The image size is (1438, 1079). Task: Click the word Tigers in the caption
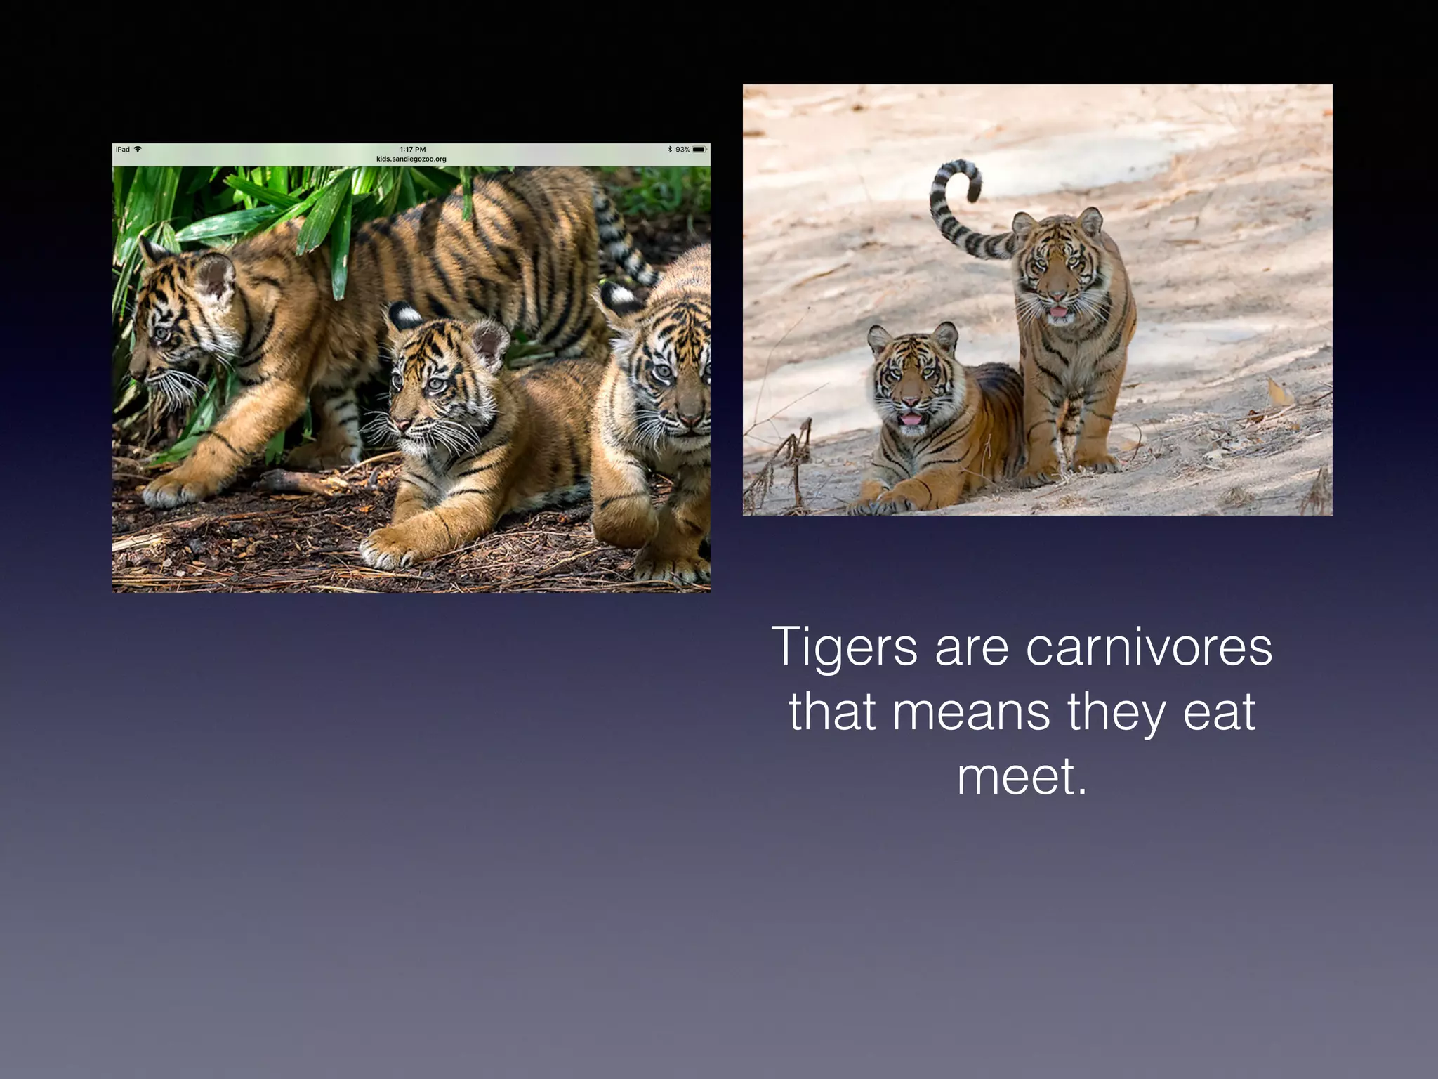click(844, 648)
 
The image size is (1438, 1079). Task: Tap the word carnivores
click(1149, 648)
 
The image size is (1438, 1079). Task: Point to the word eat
click(1219, 712)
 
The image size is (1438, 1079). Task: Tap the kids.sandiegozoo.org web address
click(411, 159)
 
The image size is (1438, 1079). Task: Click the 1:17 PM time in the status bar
click(412, 150)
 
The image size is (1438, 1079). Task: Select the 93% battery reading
click(682, 150)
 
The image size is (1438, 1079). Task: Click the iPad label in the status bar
click(123, 150)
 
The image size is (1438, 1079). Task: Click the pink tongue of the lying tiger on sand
click(911, 419)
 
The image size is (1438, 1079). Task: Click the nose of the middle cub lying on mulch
click(402, 424)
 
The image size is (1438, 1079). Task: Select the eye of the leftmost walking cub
click(163, 332)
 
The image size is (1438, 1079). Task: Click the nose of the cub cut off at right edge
click(690, 419)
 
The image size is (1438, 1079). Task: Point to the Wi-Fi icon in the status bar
click(138, 150)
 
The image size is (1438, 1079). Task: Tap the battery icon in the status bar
click(699, 150)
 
